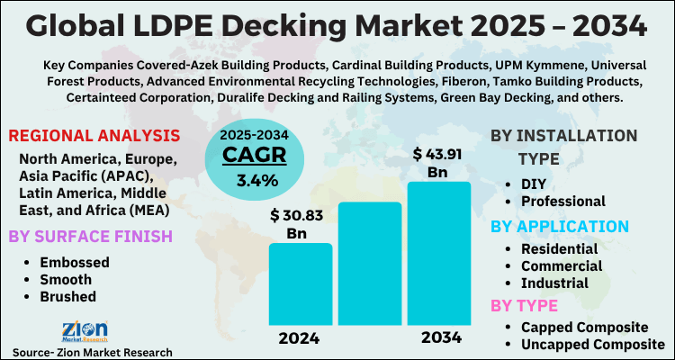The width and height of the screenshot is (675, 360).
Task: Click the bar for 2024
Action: (301, 283)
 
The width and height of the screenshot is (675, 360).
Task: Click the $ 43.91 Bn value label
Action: (438, 161)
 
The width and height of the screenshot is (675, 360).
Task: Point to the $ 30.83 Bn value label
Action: (301, 224)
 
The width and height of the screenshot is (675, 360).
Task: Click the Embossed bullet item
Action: (74, 262)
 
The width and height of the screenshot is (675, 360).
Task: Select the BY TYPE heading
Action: (525, 305)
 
